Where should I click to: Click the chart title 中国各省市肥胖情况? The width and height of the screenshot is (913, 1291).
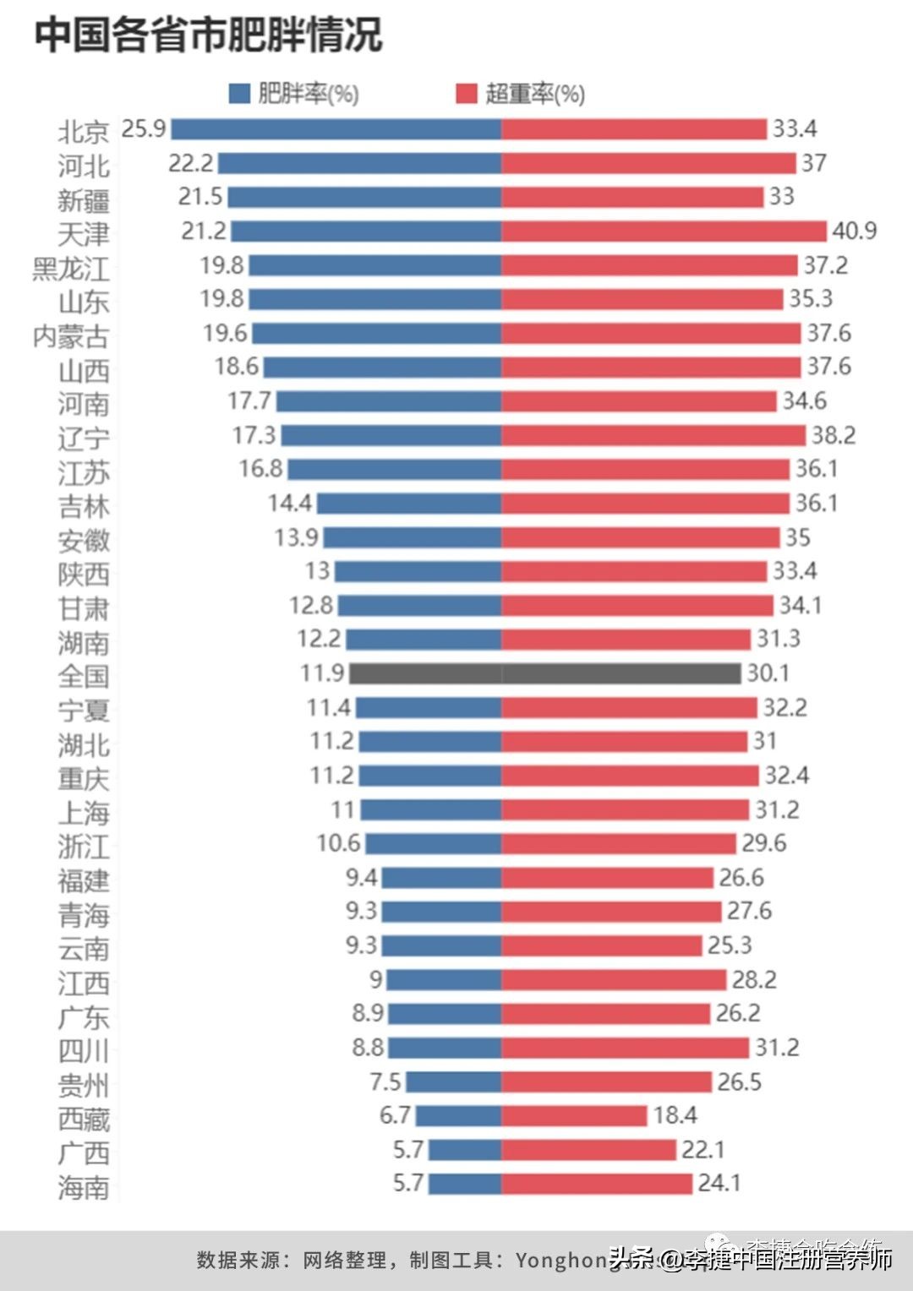(208, 35)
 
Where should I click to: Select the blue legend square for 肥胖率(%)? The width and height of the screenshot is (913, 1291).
(239, 93)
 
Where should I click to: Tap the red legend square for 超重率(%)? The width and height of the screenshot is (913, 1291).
(467, 93)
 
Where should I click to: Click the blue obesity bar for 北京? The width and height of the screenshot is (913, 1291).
(336, 128)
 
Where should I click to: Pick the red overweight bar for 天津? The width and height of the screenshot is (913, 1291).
(664, 231)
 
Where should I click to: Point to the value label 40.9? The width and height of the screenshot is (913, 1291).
(855, 231)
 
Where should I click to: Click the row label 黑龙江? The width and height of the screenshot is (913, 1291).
(71, 269)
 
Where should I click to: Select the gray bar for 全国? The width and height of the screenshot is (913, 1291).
(545, 673)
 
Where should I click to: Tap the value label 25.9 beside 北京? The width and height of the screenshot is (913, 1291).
(144, 128)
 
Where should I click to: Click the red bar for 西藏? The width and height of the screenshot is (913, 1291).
(574, 1115)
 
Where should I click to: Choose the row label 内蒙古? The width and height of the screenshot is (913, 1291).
(71, 336)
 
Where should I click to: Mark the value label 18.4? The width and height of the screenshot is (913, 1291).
(675, 1115)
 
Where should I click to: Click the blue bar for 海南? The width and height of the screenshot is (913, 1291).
(465, 1183)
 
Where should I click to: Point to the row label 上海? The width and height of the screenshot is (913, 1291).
(84, 813)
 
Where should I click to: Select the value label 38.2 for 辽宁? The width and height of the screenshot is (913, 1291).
(834, 435)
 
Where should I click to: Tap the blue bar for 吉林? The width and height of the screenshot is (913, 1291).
(409, 504)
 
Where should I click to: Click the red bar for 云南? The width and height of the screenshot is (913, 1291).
(601, 945)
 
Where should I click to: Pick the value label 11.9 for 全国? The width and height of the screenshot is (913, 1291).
(322, 673)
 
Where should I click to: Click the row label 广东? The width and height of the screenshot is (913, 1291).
(84, 1017)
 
